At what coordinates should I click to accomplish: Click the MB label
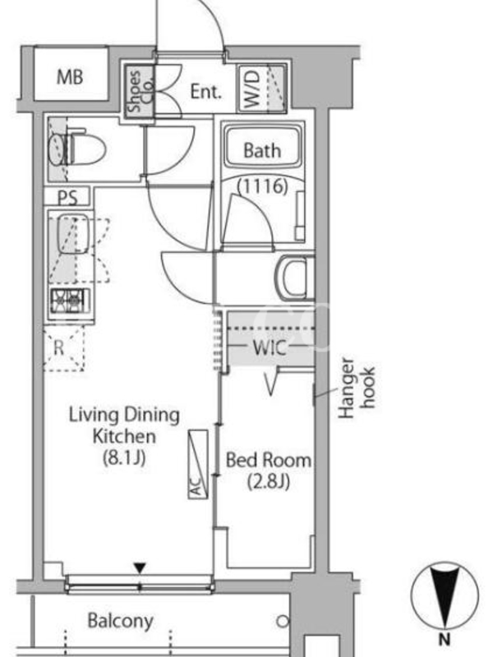70,76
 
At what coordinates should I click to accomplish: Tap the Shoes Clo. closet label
140,91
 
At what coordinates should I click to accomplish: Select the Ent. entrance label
205,91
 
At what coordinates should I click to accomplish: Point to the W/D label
252,89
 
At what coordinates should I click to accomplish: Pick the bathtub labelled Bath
263,147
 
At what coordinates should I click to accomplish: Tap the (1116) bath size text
263,186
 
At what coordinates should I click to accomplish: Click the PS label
67,197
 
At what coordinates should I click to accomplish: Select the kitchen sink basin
73,234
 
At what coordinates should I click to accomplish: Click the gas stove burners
70,301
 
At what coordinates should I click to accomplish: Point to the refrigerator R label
59,347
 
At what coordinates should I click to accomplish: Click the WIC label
270,347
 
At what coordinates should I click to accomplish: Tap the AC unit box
198,464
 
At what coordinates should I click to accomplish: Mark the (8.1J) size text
125,457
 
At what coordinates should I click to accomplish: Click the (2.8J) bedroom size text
269,481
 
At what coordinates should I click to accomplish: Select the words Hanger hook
357,388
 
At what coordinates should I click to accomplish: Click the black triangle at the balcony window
140,567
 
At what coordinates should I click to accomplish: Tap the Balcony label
120,621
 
